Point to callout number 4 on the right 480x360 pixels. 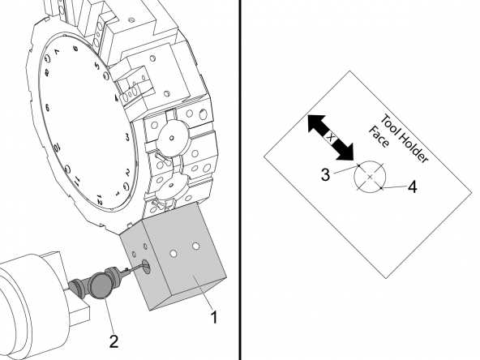pyautogui.click(x=412, y=187)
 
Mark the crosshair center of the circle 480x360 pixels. pyautogui.click(x=370, y=176)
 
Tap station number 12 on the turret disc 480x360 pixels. pyautogui.click(x=99, y=198)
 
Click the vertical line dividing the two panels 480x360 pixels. pyautogui.click(x=241, y=180)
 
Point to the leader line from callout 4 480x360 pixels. pyautogui.click(x=393, y=187)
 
